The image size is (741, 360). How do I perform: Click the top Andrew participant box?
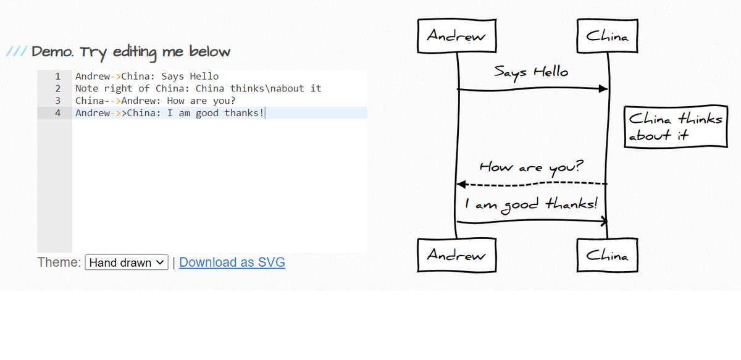(457, 36)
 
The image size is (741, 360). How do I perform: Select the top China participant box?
(608, 36)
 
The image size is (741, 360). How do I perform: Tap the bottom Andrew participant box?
(457, 255)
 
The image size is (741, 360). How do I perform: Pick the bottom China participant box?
(608, 255)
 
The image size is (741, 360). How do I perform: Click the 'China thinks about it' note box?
(676, 127)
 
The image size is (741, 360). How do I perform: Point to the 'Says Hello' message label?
(531, 73)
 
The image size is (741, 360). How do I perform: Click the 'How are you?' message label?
(532, 167)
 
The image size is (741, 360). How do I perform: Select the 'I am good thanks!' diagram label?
(531, 205)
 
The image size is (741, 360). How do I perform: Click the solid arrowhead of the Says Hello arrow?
(603, 88)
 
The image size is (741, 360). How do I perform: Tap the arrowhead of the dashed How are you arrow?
(461, 184)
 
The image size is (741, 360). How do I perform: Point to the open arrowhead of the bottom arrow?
(604, 221)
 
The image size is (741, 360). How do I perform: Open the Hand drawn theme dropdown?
(127, 262)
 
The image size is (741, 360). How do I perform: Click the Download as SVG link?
(232, 262)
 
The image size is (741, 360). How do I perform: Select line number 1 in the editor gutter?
(58, 77)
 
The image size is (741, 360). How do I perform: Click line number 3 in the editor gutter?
(58, 101)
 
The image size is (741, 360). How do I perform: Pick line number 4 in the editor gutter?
(58, 113)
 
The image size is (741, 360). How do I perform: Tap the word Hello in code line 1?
(204, 77)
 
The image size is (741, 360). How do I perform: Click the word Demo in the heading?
(52, 52)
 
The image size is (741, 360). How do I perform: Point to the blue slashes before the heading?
(17, 51)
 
